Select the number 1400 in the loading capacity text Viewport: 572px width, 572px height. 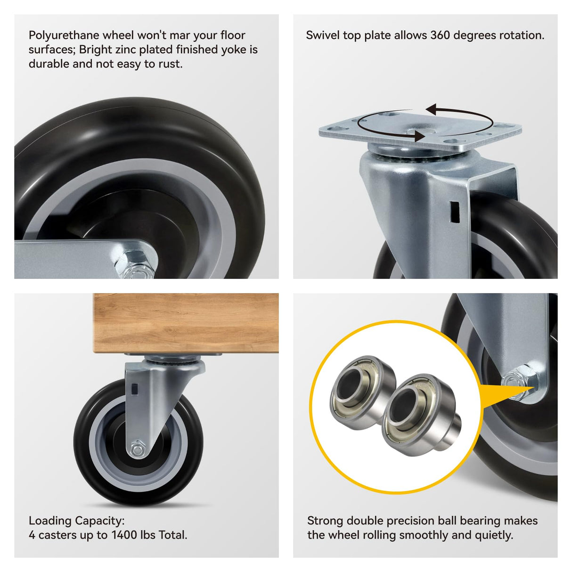pyautogui.click(x=124, y=535)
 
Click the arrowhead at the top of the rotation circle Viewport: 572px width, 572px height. pyautogui.click(x=433, y=110)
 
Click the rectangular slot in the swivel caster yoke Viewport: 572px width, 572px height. pyautogui.click(x=455, y=212)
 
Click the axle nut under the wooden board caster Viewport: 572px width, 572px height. pyautogui.click(x=138, y=449)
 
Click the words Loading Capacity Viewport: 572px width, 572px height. pyautogui.click(x=76, y=521)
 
